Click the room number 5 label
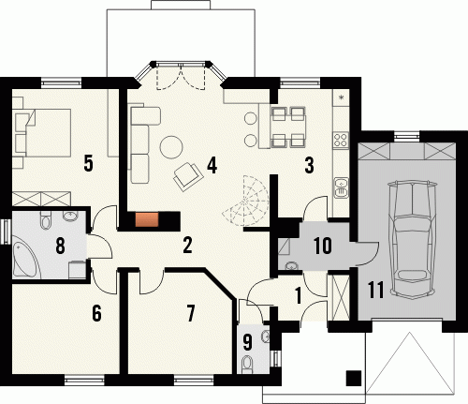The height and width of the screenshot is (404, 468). pos(89,163)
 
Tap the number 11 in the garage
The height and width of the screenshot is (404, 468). pos(376,290)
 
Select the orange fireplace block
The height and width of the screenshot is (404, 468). pos(147,219)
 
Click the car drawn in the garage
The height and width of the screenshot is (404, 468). pos(412,240)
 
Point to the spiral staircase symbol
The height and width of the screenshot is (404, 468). pos(246,200)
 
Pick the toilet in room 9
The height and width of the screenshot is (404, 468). pos(248,364)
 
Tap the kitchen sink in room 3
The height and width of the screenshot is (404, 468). pos(342,187)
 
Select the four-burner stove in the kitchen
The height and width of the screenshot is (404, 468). pos(341,141)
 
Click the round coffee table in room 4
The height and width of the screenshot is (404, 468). pos(171,147)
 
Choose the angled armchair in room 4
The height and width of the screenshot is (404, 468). pos(188,176)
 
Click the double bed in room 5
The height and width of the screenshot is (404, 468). pos(48,132)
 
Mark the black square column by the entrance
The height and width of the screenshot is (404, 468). pos(354,378)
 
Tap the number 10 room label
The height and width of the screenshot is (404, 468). pos(323,246)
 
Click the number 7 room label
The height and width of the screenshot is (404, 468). pos(190,313)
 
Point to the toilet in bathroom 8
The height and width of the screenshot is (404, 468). pos(46,219)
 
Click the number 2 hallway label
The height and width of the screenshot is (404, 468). pos(187,246)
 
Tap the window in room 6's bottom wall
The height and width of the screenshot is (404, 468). pos(84,381)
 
